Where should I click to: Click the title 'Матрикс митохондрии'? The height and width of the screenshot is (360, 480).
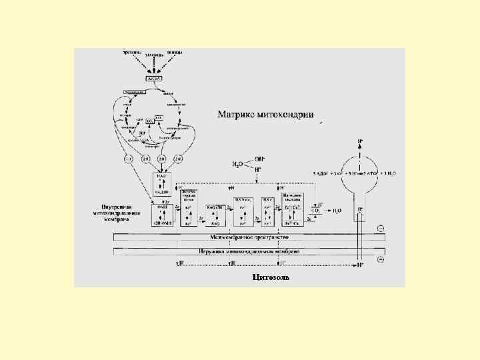(265, 114)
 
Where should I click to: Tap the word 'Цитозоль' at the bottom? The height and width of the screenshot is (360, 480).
(270, 277)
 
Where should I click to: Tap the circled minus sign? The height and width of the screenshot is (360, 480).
(381, 228)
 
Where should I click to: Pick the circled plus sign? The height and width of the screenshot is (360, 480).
(381, 259)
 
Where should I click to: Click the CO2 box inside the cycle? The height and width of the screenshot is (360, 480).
(151, 121)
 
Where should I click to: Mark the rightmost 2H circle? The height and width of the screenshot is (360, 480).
(178, 159)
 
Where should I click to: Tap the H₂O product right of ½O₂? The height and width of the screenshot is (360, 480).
(337, 211)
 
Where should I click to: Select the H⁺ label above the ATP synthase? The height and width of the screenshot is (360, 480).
(361, 141)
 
